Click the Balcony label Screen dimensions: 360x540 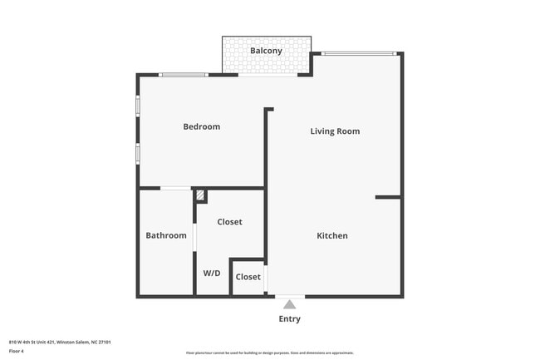point(267,51)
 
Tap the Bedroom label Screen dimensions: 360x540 point(202,126)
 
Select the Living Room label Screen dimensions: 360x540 point(335,131)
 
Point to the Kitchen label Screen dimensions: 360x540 point(332,236)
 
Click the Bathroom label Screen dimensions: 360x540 point(166,235)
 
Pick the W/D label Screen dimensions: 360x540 point(212,274)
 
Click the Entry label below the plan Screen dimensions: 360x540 point(290,319)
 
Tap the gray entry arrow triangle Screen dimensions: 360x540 point(289,304)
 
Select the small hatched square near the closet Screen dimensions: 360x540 point(199,196)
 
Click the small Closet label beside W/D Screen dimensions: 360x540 point(248,277)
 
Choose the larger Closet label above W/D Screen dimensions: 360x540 point(229,222)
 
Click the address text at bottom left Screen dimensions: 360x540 point(60,342)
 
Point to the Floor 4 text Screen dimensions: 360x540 point(17,351)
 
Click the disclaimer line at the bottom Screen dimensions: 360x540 point(269,353)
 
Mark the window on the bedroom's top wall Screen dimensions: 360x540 point(184,75)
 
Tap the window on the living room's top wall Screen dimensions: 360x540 point(359,54)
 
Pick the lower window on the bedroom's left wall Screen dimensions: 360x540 point(138,154)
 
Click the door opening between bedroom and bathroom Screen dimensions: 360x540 point(175,189)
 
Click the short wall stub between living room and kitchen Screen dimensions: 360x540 point(387,197)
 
